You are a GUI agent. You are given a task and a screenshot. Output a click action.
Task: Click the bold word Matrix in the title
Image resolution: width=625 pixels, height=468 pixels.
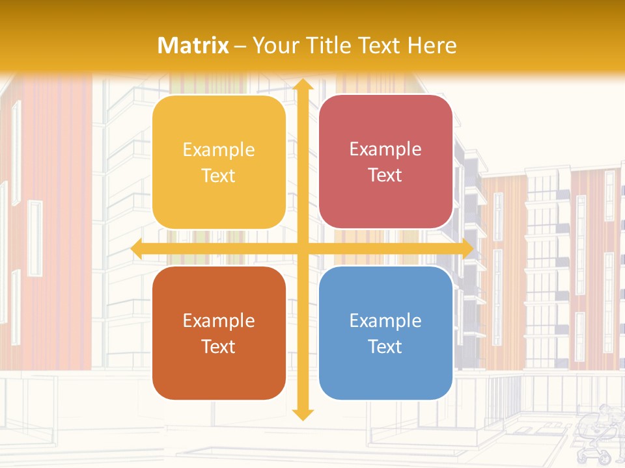tap(193, 45)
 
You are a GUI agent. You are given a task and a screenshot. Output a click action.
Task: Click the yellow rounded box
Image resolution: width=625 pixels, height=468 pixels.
tap(219, 162)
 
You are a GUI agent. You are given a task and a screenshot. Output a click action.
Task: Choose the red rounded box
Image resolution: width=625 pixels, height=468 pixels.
tap(385, 162)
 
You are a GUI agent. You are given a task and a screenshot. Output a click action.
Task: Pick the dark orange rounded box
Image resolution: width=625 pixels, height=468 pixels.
tap(219, 333)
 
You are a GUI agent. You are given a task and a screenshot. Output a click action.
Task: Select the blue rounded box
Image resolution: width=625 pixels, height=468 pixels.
tap(385, 333)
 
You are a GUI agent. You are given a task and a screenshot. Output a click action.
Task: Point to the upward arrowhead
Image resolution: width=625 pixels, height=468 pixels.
tap(303, 84)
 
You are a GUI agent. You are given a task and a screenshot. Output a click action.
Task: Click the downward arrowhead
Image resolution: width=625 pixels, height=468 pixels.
tap(303, 414)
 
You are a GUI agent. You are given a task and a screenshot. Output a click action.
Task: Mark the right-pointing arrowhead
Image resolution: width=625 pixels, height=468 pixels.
tap(467, 249)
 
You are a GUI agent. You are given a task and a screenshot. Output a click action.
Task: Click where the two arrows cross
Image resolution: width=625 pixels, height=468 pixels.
tap(303, 249)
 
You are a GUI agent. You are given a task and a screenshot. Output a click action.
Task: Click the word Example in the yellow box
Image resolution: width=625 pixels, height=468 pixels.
tap(219, 150)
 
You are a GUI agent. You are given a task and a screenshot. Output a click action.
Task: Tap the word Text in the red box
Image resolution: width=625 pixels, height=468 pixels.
tap(385, 175)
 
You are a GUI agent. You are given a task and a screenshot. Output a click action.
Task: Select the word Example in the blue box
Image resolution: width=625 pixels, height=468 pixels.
tap(385, 320)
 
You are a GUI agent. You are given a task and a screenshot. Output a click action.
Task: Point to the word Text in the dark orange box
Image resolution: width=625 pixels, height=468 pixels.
tap(219, 346)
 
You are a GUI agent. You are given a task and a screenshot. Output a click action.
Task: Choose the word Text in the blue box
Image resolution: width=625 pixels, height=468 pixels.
tap(385, 346)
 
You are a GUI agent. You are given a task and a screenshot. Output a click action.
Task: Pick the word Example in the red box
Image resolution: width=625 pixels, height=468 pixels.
tap(385, 149)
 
